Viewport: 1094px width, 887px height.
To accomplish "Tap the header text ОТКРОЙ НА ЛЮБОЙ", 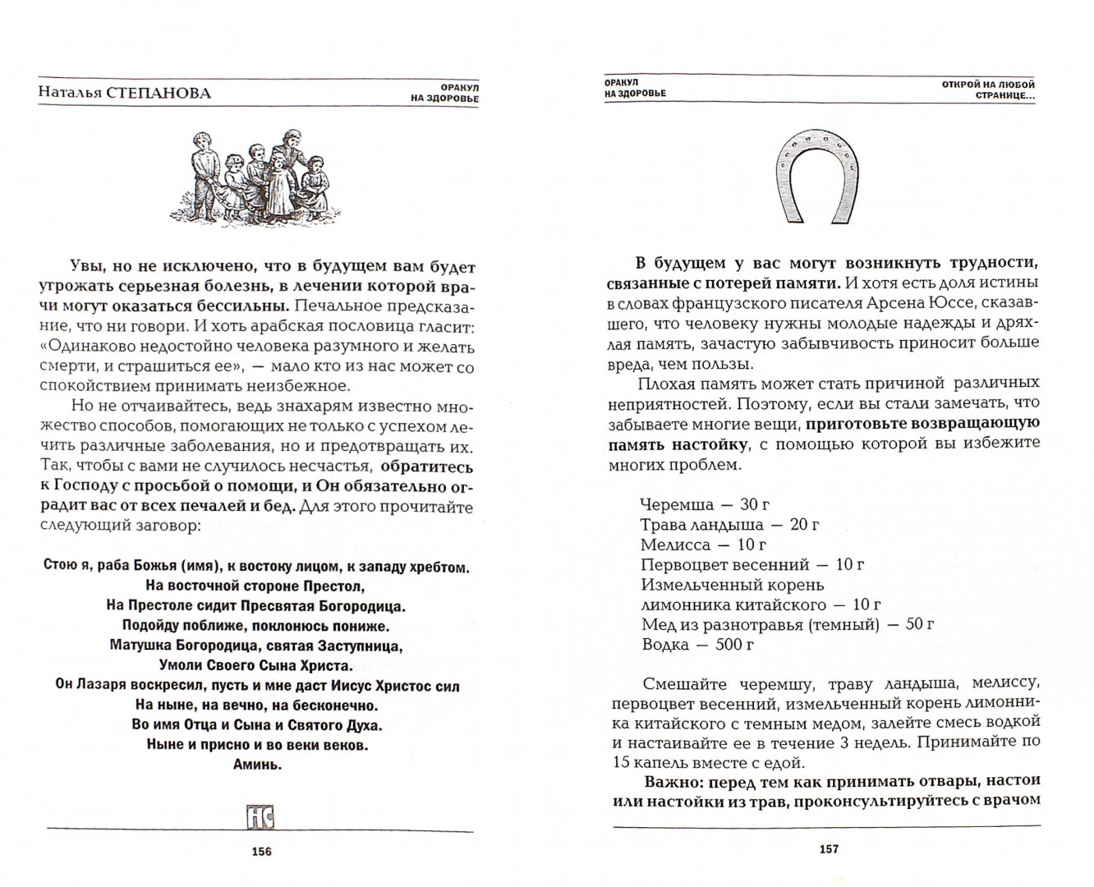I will pos(989,84).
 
